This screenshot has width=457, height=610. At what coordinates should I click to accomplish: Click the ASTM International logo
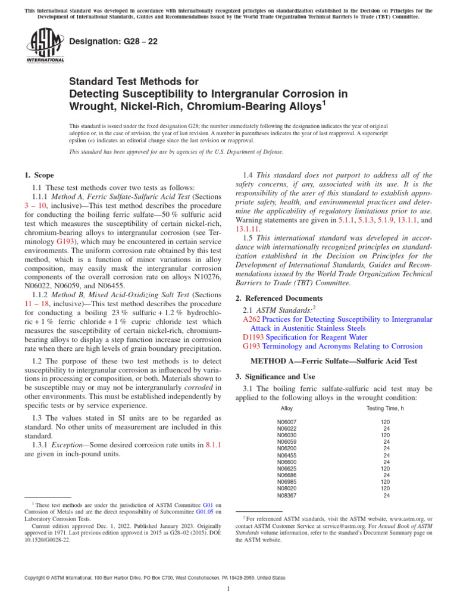coord(45,47)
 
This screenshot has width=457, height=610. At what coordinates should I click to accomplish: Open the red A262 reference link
coord(252,319)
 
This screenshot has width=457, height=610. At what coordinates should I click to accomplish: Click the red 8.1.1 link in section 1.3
coord(212,444)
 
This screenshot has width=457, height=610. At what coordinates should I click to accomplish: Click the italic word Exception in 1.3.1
coord(68,444)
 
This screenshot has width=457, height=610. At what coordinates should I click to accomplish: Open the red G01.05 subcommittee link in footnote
coord(204,511)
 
